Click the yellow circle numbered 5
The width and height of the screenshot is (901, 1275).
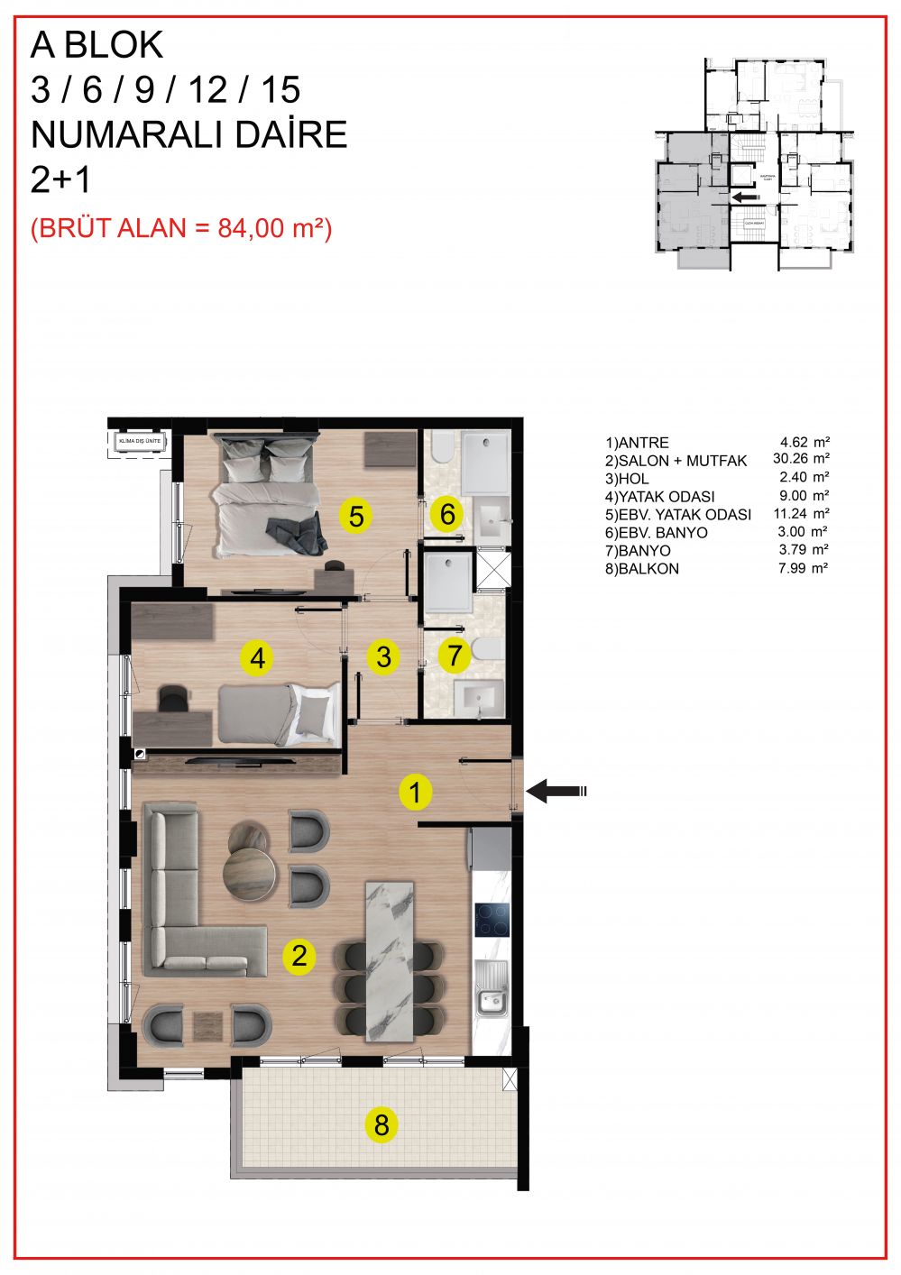click(356, 517)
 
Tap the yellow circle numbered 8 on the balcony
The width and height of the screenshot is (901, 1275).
click(382, 1124)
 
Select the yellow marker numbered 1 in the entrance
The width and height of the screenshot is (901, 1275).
click(415, 793)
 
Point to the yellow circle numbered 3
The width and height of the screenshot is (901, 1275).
click(384, 656)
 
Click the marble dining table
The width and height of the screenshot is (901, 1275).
click(391, 960)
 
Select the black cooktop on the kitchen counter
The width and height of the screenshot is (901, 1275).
click(492, 919)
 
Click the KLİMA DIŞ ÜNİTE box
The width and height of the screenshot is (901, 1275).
click(137, 442)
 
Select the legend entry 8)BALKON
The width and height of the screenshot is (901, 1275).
click(642, 569)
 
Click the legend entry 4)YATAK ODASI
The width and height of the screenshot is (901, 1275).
click(659, 497)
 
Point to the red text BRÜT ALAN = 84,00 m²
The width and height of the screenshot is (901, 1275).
click(181, 228)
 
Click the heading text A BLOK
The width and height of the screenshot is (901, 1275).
click(97, 45)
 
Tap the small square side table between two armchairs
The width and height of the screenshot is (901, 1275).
click(207, 1025)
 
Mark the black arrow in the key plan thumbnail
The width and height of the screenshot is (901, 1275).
click(745, 197)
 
